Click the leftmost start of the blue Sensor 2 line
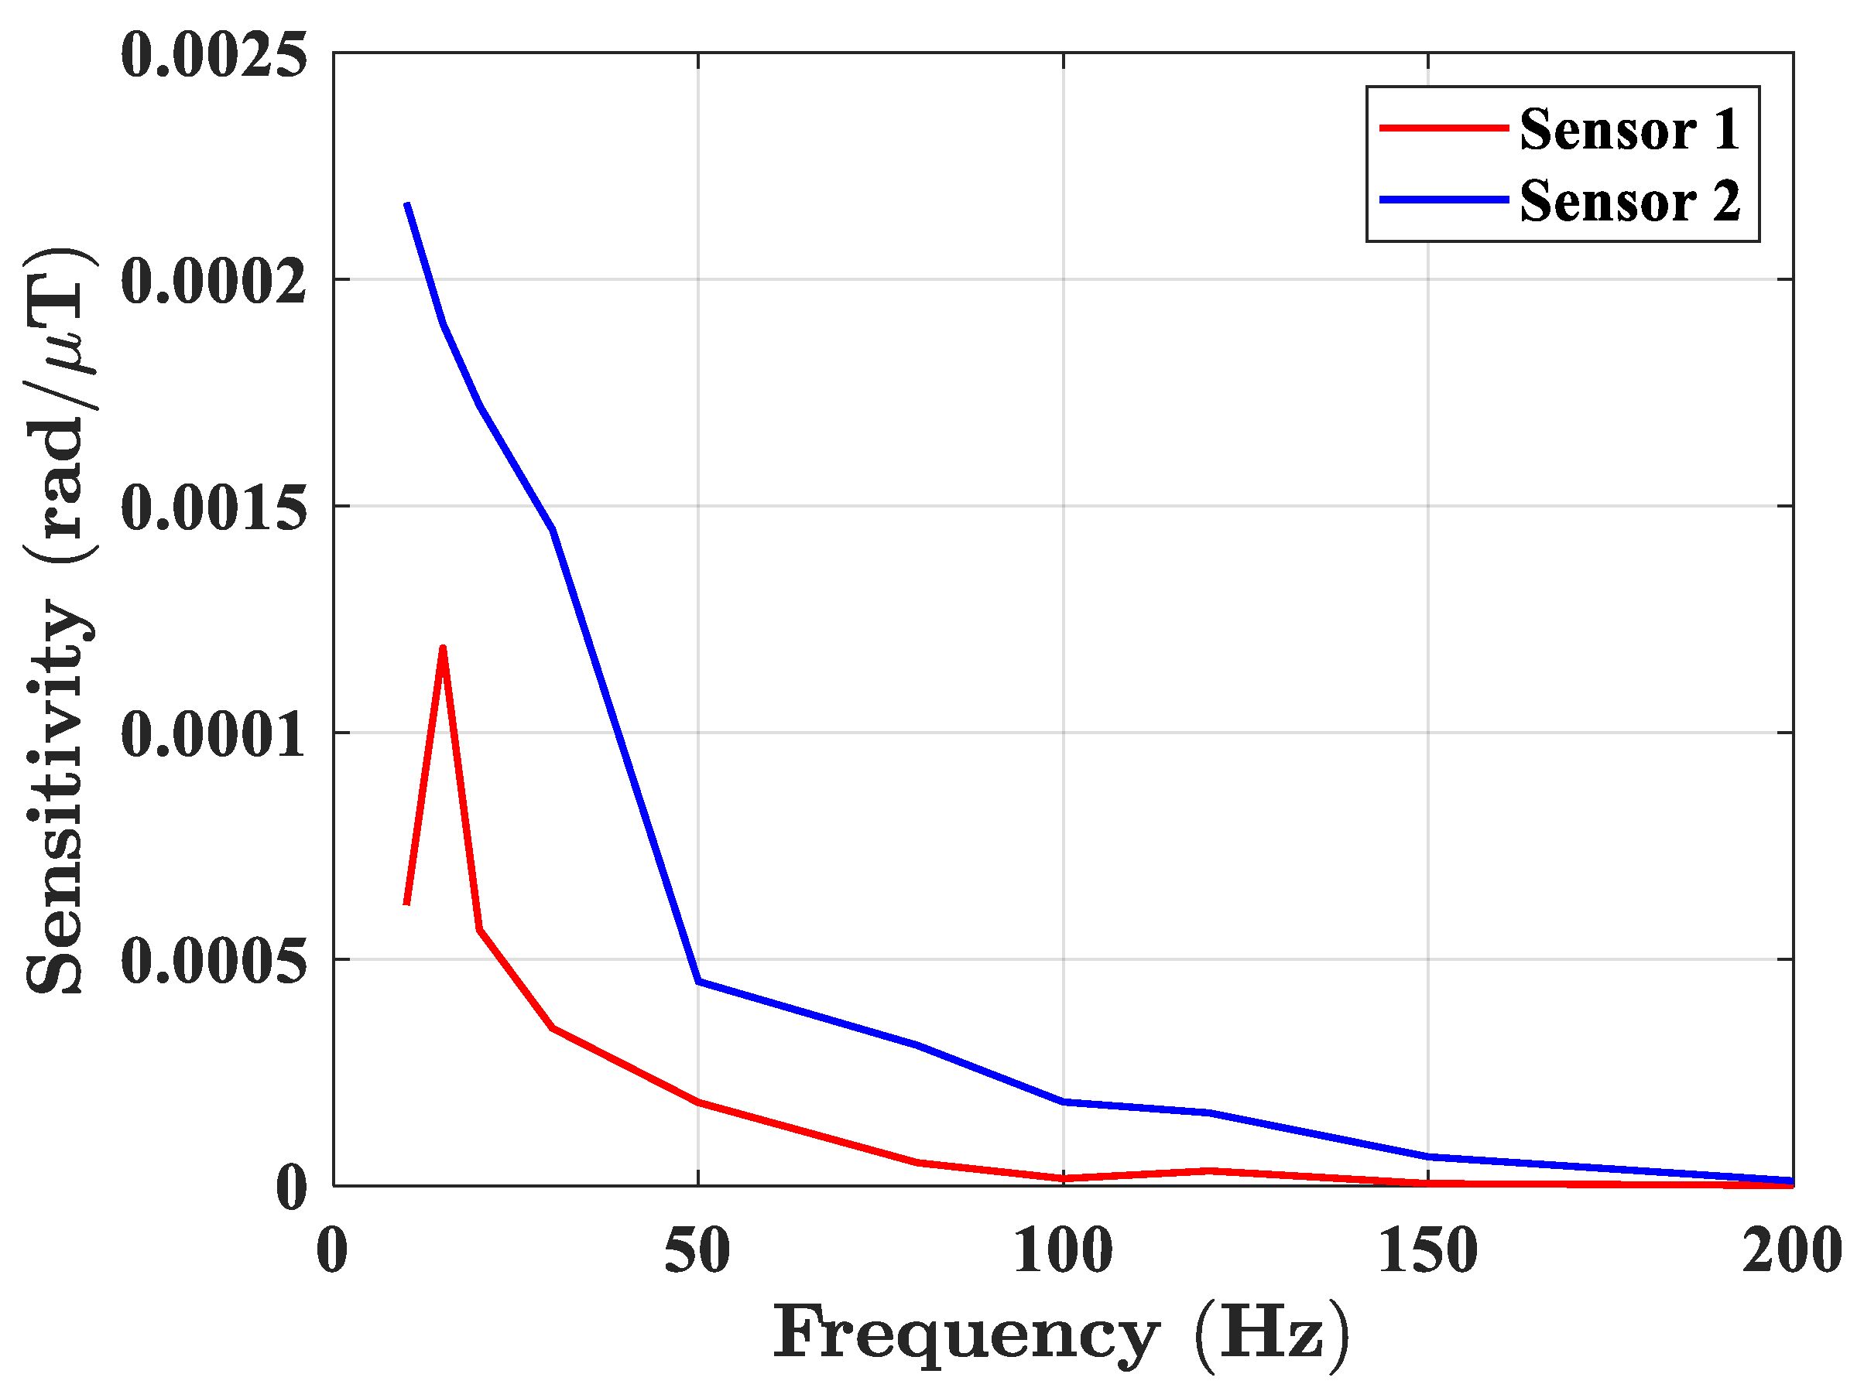pyautogui.click(x=407, y=204)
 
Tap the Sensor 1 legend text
pyautogui.click(x=1629, y=131)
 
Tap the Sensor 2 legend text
pyautogui.click(x=1629, y=202)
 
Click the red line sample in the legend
pyautogui.click(x=1444, y=128)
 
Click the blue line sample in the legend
pyautogui.click(x=1444, y=200)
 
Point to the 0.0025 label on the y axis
pyautogui.click(x=214, y=56)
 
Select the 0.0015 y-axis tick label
pyautogui.click(x=214, y=508)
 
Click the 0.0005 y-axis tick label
pyautogui.click(x=214, y=961)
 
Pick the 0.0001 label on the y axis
pyautogui.click(x=214, y=734)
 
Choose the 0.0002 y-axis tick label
pyautogui.click(x=214, y=282)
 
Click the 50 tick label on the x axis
pyautogui.click(x=697, y=1251)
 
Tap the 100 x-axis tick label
pyautogui.click(x=1062, y=1251)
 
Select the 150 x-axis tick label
pyautogui.click(x=1427, y=1251)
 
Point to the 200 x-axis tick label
pyautogui.click(x=1791, y=1251)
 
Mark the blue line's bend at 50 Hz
pyautogui.click(x=698, y=982)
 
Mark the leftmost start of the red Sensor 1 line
pyautogui.click(x=407, y=904)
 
